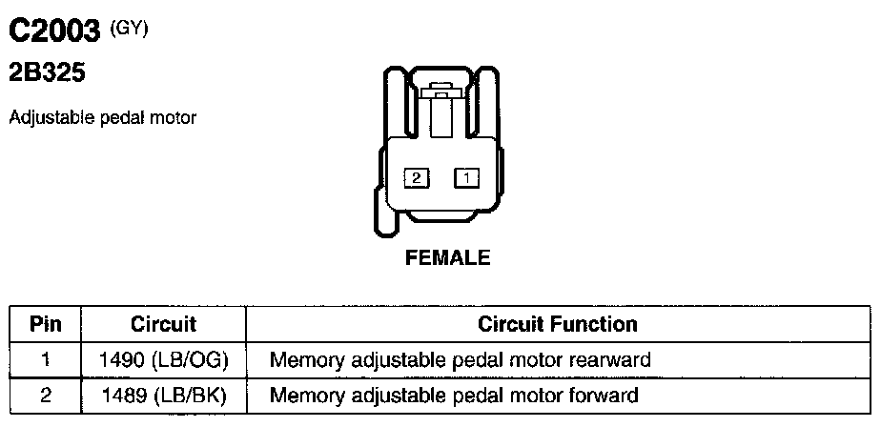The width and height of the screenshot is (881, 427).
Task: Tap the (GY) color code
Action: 131,27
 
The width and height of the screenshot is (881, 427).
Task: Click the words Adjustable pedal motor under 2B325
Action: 102,118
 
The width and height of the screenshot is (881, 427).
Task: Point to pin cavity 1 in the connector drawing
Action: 466,177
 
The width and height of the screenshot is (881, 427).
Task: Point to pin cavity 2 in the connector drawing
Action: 417,177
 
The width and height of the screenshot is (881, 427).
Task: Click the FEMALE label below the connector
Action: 448,257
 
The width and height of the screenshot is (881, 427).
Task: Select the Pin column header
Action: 46,324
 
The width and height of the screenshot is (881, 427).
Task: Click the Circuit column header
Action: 163,324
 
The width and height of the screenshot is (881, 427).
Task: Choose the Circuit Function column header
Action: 558,324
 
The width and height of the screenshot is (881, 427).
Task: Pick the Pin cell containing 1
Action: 46,360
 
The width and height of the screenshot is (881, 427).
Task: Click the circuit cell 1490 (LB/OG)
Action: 164,360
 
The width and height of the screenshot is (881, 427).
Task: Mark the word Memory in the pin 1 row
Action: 303,360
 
